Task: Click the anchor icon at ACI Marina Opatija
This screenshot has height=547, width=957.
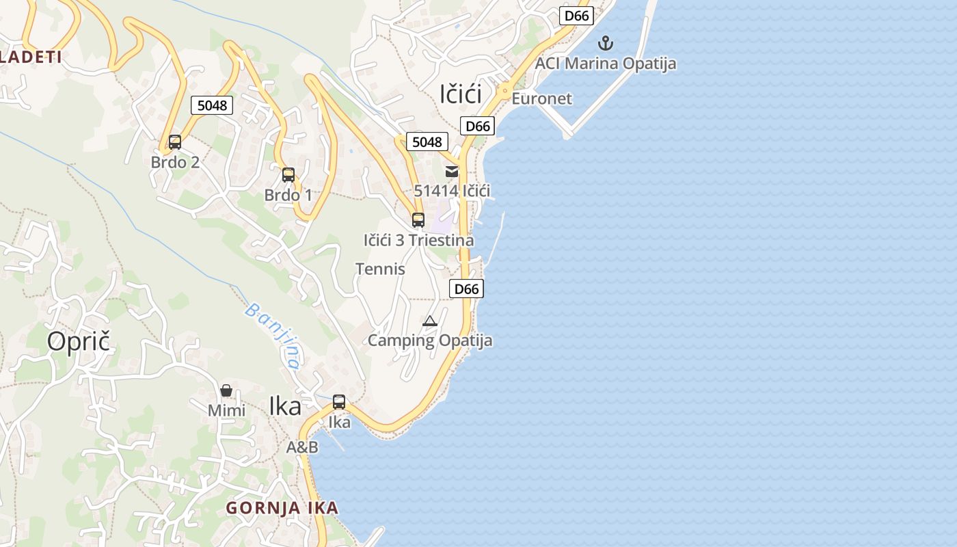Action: pos(605,44)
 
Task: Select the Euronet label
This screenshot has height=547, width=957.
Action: pos(541,98)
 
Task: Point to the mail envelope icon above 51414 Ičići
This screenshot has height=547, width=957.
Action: pos(452,172)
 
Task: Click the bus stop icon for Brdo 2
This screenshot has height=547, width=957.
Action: pos(175,142)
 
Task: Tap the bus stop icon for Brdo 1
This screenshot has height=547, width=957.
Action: pos(288,175)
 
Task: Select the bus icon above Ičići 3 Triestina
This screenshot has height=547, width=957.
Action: pos(418,220)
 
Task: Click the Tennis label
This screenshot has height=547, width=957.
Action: pos(380,269)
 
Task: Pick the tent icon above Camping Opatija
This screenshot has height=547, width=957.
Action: pos(429,321)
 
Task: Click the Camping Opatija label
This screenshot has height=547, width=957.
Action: pos(430,341)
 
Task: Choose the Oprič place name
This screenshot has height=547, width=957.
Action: pos(79,341)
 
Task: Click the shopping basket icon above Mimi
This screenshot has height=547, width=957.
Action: pos(226,390)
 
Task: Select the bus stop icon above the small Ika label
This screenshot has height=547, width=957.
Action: pos(339,402)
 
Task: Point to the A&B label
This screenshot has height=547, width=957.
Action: pos(302,447)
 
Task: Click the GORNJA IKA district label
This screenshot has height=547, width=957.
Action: pos(282,508)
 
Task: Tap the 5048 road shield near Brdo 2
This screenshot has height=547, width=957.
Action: pos(212,105)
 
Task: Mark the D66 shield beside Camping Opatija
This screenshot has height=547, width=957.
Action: pos(467,289)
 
